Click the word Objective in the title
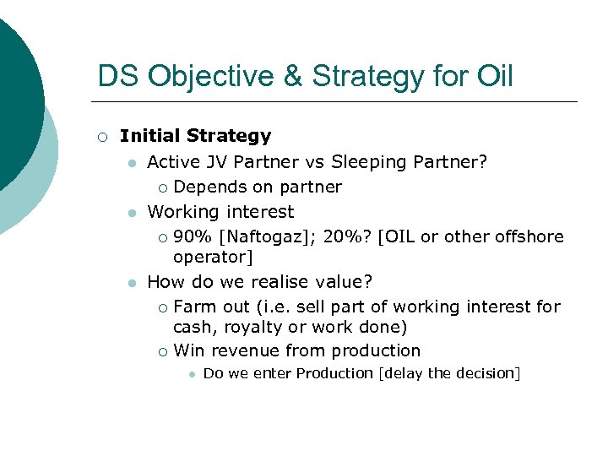216,76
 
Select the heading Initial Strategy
195,136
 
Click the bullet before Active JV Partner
132,162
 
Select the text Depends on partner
257,187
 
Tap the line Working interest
220,212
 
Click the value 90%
193,237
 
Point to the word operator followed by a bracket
213,257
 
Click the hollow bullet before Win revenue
162,351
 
